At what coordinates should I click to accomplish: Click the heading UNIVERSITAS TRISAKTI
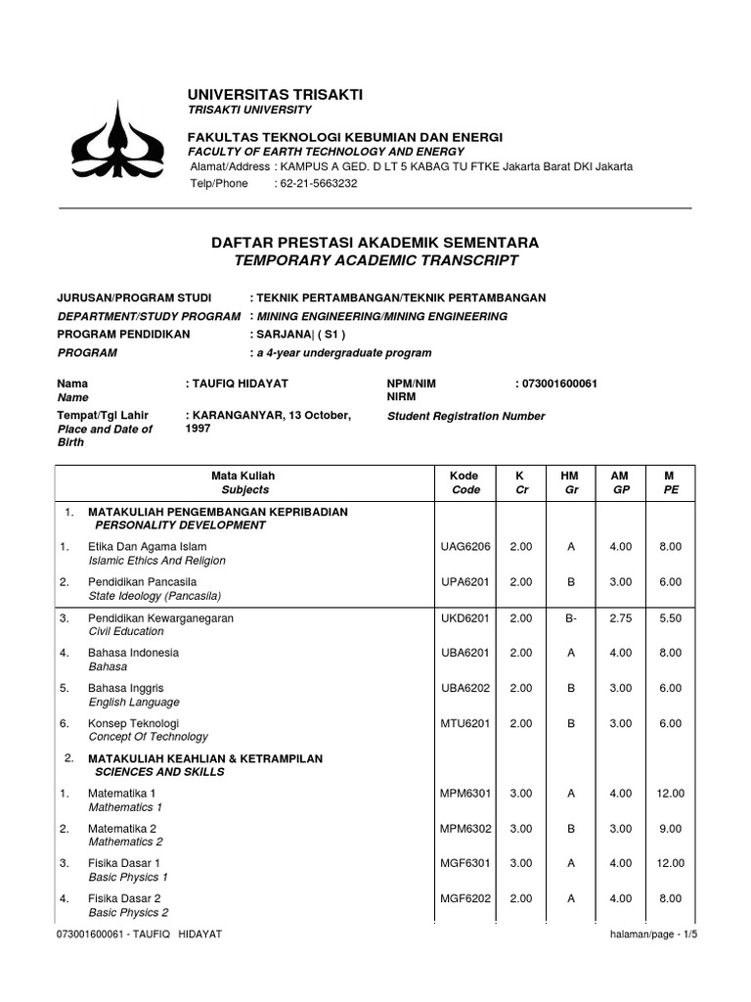coord(276,94)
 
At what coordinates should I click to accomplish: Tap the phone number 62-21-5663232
coord(316,183)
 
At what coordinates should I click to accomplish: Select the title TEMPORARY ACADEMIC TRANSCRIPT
coord(375,260)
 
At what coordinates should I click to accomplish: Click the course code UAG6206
coord(465,547)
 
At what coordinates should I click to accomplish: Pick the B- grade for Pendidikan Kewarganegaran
coord(571,618)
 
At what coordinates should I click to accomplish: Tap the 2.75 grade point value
coord(620,618)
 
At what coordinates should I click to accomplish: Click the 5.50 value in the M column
coord(670,618)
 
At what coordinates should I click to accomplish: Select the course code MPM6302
coord(465,828)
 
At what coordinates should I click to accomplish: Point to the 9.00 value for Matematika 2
coord(670,828)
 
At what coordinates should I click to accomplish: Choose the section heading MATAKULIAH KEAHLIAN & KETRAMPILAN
coord(205,758)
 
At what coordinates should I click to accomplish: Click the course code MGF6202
coord(465,898)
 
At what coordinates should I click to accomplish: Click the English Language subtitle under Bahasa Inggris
coord(134,702)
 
